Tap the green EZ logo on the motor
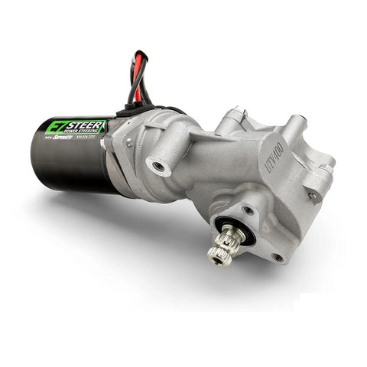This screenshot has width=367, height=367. [56, 126]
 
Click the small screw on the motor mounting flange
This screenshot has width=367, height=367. [129, 141]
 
